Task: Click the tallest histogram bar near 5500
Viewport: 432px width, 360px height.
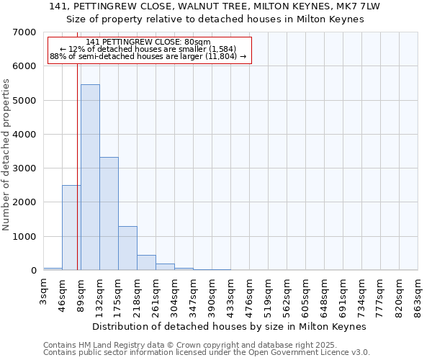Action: pyautogui.click(x=90, y=177)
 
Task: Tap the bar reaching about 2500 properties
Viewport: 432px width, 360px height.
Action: pyautogui.click(x=71, y=228)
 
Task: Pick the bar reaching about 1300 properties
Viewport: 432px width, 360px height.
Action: pyautogui.click(x=127, y=248)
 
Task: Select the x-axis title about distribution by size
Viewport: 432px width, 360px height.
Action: pyautogui.click(x=230, y=326)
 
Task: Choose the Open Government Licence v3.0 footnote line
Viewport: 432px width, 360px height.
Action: pyautogui.click(x=207, y=353)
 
